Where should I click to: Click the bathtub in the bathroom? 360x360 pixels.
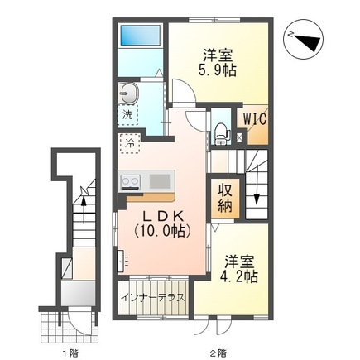coord(141,35)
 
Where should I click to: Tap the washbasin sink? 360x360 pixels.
coord(127,94)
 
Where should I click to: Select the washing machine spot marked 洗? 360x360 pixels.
coord(127,115)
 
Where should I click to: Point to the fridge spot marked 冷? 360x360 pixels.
coord(130,143)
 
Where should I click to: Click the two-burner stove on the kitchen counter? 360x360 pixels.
coord(130,182)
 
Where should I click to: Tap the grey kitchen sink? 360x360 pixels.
coord(160,181)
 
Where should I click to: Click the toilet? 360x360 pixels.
coord(221,133)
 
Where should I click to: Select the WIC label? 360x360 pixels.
coord(255,119)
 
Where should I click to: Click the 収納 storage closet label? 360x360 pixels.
coord(225,198)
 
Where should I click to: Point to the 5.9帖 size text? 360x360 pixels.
coord(217,71)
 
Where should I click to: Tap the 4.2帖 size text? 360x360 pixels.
coord(239,276)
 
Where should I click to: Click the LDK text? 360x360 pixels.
coord(163,217)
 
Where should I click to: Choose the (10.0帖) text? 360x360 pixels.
coord(162,231)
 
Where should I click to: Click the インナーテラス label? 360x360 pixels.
coord(153,298)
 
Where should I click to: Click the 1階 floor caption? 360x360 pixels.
coord(70,353)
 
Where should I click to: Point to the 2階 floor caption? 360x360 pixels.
coord(217,353)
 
